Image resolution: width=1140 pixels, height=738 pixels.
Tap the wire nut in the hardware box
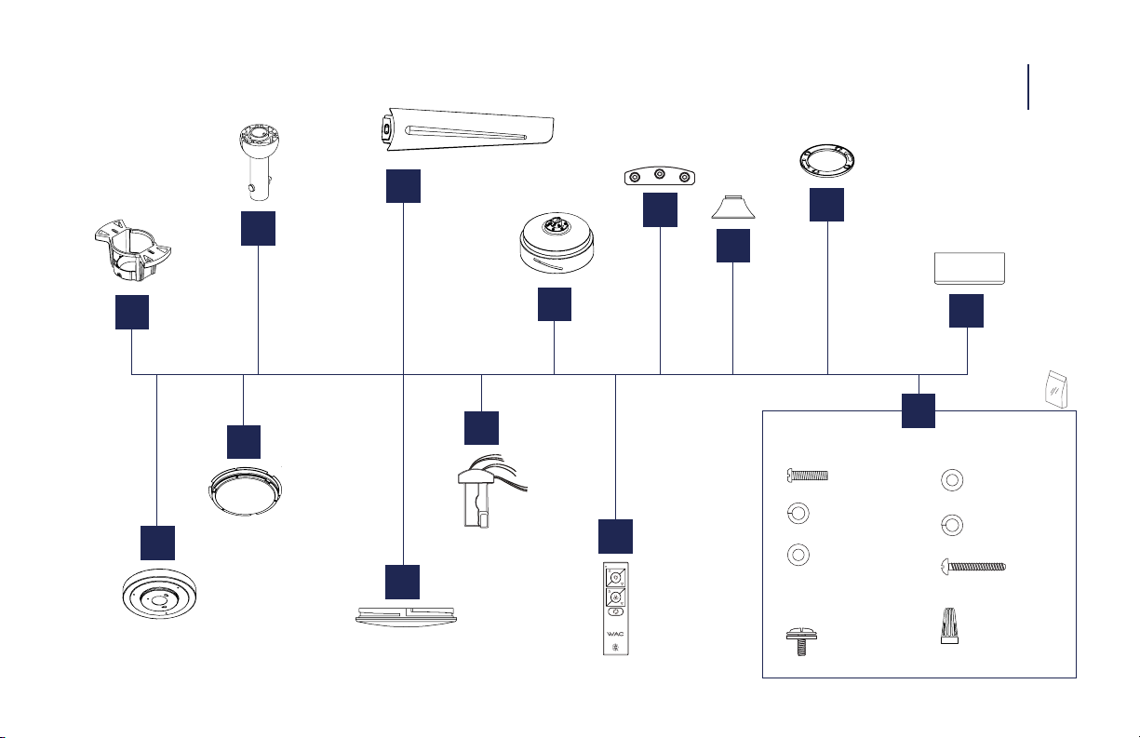[949, 624]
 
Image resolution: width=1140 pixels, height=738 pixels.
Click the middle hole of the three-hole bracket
[660, 175]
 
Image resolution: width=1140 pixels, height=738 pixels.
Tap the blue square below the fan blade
[403, 186]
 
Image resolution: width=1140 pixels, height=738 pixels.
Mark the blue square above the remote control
[616, 536]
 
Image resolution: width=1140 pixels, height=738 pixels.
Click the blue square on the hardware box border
[919, 411]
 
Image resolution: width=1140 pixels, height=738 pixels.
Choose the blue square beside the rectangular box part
[966, 311]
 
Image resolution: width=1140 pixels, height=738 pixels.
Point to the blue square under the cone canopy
[733, 246]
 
